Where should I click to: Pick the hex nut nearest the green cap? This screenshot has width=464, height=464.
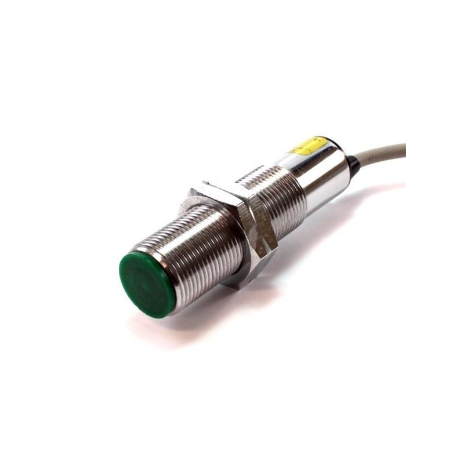pyautogui.click(x=223, y=232)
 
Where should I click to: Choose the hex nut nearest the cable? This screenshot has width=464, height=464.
pyautogui.click(x=258, y=217)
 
